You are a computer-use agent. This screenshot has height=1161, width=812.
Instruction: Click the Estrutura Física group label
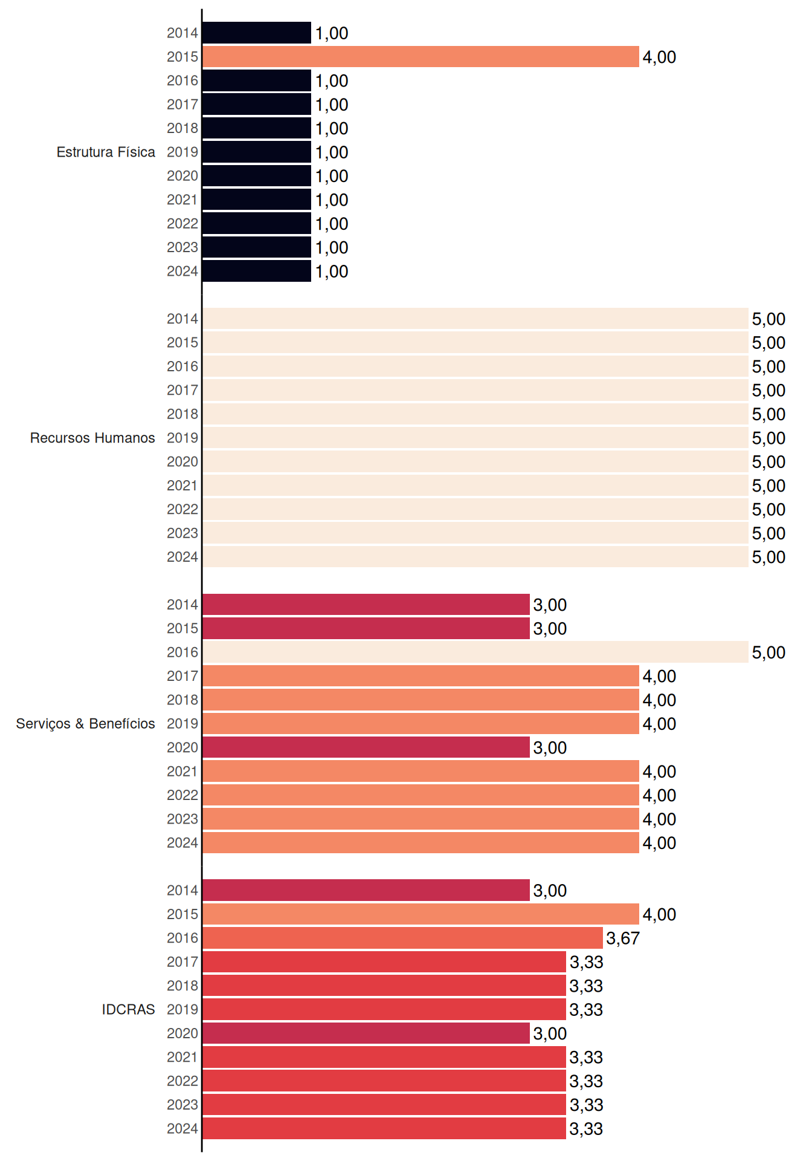(x=106, y=152)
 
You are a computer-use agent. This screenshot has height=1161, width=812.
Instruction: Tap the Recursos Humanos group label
(x=92, y=438)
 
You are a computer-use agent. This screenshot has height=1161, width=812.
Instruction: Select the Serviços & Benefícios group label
(x=85, y=724)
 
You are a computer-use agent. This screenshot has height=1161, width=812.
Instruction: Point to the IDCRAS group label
(x=128, y=1009)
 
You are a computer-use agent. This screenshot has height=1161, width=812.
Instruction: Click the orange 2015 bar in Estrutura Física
(x=420, y=57)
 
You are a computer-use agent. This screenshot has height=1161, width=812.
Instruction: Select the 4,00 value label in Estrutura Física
(x=659, y=57)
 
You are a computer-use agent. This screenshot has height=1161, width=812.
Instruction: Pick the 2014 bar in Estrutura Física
(x=257, y=33)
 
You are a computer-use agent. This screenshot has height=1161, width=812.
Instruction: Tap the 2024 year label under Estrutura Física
(x=182, y=272)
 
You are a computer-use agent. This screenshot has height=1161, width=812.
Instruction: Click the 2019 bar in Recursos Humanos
(x=475, y=438)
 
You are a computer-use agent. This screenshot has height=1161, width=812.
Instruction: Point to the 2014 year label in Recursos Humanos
(x=182, y=319)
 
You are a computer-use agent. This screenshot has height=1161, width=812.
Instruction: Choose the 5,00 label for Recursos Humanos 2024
(x=768, y=558)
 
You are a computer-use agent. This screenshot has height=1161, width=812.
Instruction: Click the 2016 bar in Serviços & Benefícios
(x=475, y=652)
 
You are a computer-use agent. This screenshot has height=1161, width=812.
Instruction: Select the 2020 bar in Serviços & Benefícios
(x=366, y=747)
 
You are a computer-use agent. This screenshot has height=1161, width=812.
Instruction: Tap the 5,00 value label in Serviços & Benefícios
(x=768, y=652)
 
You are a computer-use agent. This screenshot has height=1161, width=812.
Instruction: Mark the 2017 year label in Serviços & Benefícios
(x=182, y=676)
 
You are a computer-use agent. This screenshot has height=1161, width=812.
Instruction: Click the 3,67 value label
(x=623, y=938)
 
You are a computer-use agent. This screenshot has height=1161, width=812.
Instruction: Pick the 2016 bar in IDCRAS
(x=402, y=938)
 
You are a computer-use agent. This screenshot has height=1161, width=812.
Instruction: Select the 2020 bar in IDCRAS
(x=366, y=1033)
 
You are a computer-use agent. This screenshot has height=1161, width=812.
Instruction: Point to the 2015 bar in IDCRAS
(x=420, y=914)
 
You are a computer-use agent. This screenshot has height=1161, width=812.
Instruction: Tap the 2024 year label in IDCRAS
(x=182, y=1129)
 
